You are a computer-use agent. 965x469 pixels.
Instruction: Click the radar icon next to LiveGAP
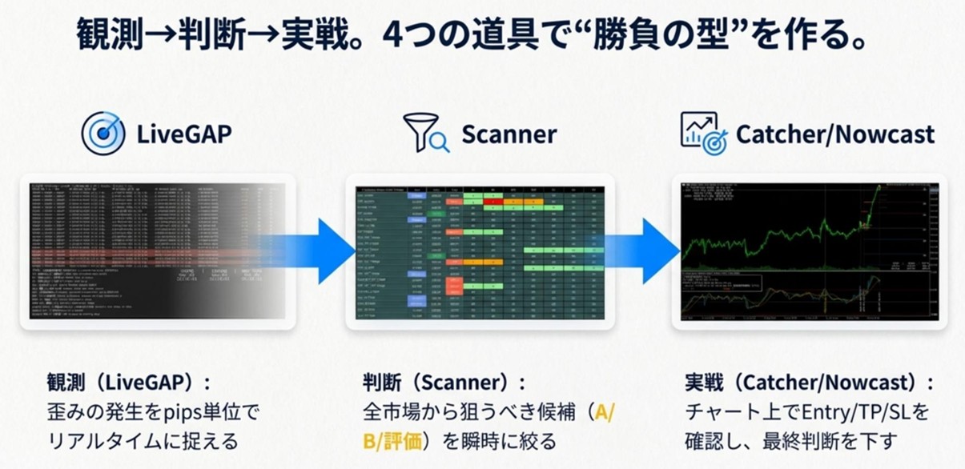point(103,133)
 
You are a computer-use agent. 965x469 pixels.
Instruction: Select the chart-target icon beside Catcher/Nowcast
point(702,133)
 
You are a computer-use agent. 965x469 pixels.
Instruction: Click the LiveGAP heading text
point(184,134)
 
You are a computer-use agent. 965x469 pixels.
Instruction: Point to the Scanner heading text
point(509,134)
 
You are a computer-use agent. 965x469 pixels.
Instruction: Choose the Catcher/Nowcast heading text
point(834,134)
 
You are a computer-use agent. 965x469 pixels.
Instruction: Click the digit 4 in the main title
point(393,35)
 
